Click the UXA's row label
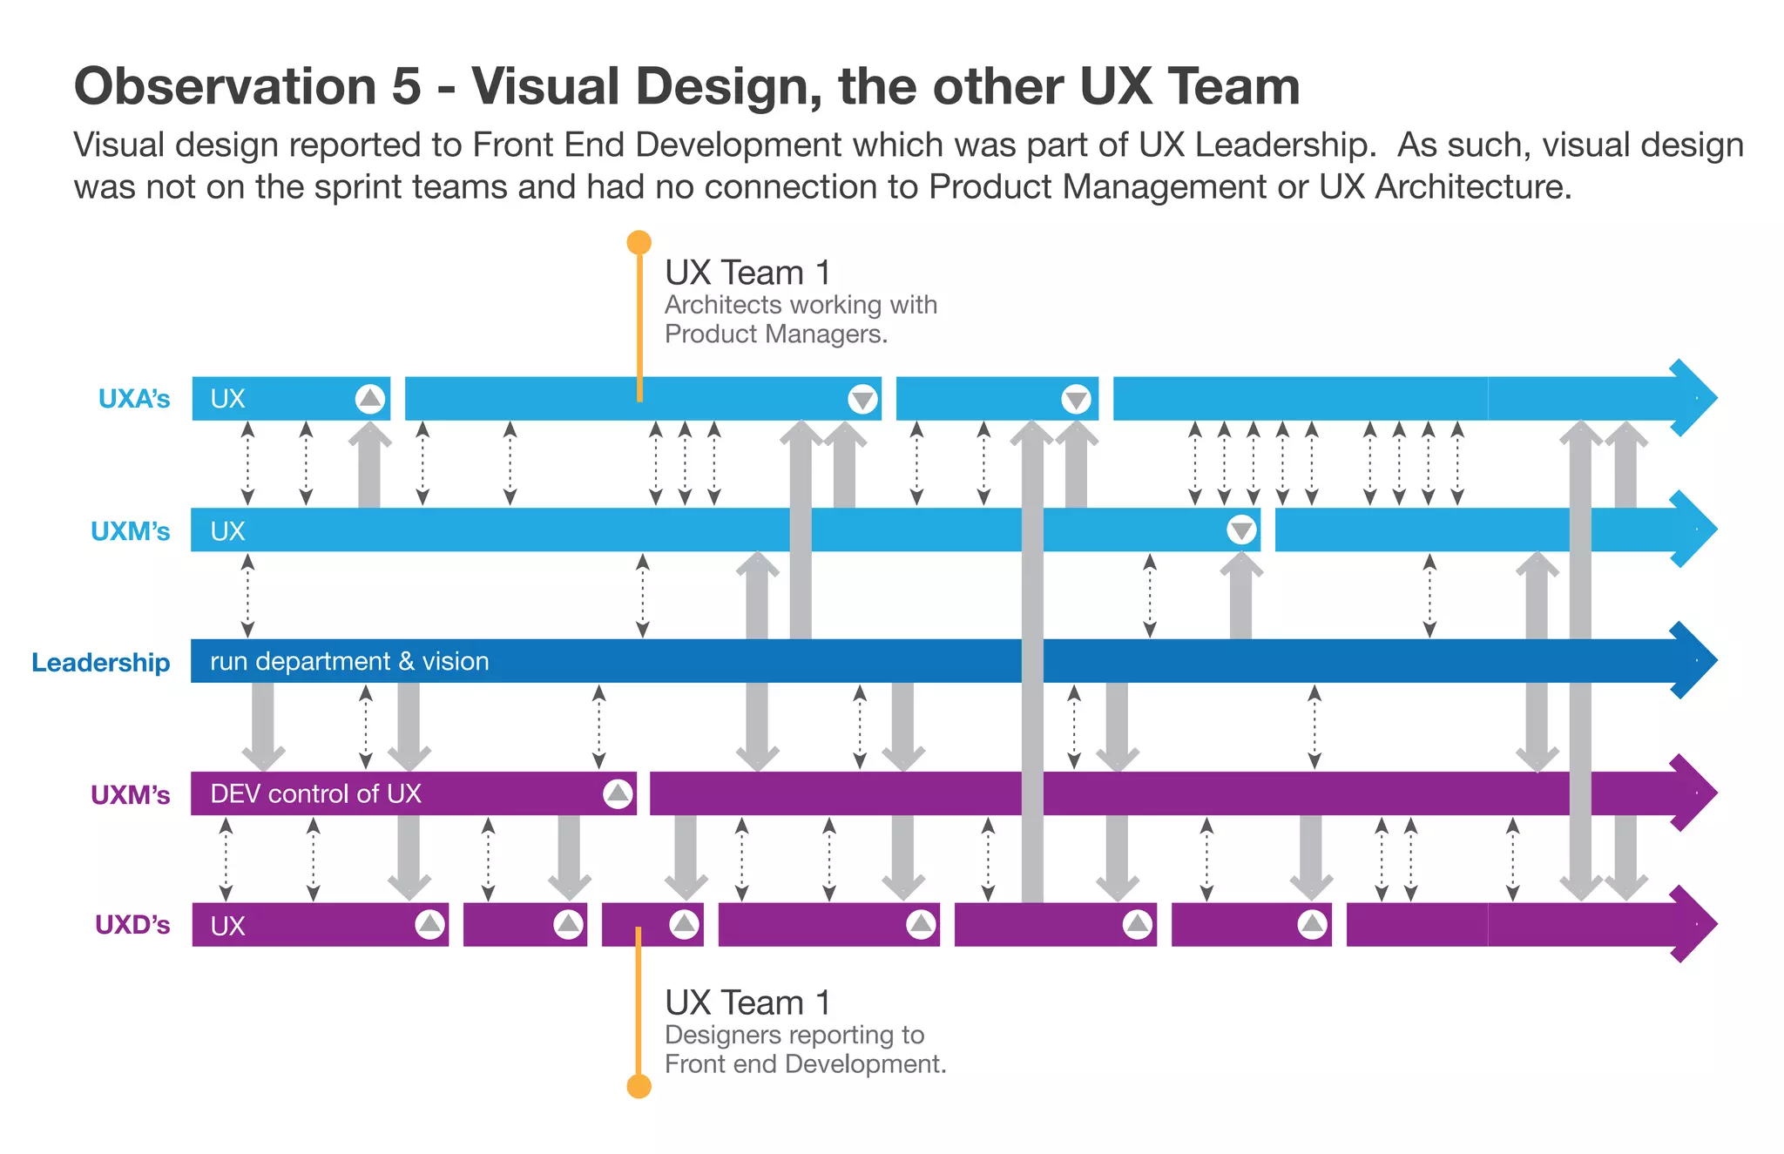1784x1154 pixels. [x=133, y=399]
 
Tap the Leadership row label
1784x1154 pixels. [x=100, y=662]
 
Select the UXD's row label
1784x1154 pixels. [x=132, y=925]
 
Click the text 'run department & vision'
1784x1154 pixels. [x=349, y=661]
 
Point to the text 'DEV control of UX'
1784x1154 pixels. [x=315, y=793]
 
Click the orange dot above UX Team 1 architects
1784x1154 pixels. [x=639, y=242]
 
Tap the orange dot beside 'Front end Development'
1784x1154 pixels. [x=639, y=1086]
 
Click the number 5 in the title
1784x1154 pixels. [x=406, y=86]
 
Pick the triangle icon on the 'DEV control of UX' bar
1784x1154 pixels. [x=618, y=793]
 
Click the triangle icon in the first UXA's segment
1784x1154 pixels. [x=370, y=399]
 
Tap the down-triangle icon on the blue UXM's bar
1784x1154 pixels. [x=1241, y=530]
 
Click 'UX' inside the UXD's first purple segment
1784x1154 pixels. [x=227, y=926]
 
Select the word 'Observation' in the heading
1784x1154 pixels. [x=225, y=86]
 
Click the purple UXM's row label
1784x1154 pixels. [x=130, y=794]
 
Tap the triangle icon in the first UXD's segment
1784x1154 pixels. [x=429, y=924]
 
